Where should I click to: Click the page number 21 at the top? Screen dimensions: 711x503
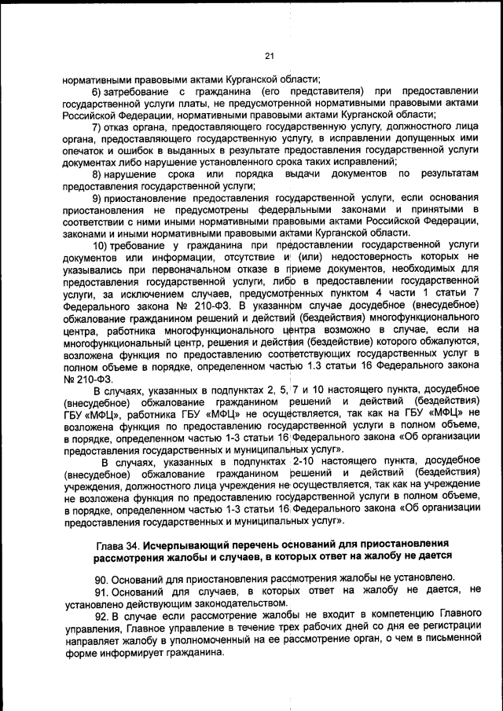[x=269, y=56]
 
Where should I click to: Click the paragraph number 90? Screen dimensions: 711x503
[x=100, y=579]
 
